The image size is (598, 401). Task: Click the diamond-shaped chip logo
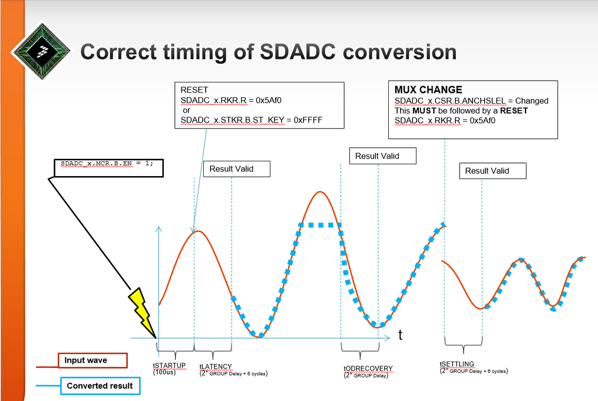click(x=41, y=51)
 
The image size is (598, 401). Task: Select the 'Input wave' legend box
click(x=92, y=360)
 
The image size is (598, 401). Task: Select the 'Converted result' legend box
click(x=100, y=386)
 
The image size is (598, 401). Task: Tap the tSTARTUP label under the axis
click(x=169, y=366)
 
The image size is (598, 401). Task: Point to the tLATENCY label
click(x=216, y=366)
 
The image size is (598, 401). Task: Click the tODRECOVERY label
click(x=368, y=368)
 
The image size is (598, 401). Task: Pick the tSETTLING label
click(x=457, y=364)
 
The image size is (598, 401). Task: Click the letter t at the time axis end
click(x=401, y=334)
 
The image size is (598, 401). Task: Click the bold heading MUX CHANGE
click(x=428, y=90)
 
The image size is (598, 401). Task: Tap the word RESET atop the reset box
click(x=194, y=90)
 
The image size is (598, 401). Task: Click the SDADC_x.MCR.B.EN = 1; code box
click(x=108, y=168)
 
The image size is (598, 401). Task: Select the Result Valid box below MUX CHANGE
click(x=493, y=171)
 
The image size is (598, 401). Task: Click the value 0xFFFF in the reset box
click(x=308, y=120)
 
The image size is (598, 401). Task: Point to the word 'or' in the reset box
click(x=187, y=111)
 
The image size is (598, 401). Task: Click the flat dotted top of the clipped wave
click(x=321, y=226)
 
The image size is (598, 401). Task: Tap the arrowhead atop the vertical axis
click(x=158, y=230)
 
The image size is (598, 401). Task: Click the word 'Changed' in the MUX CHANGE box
click(x=531, y=101)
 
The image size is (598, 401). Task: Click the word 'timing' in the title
click(x=195, y=52)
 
